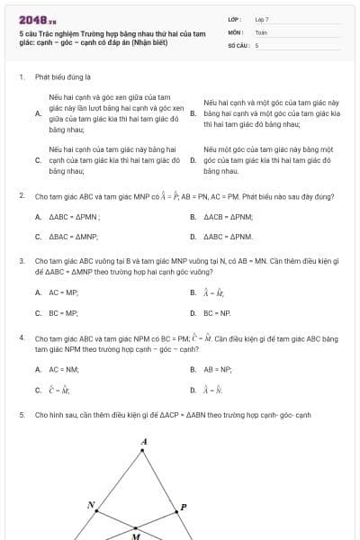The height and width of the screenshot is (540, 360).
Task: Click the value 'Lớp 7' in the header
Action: tap(262, 19)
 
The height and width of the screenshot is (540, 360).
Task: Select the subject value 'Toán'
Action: tap(261, 31)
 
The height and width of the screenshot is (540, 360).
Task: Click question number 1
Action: tap(21, 77)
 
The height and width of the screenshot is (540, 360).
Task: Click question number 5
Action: tap(21, 415)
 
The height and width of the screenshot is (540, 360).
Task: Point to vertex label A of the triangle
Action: tap(144, 441)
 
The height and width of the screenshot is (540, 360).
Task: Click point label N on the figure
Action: tap(91, 505)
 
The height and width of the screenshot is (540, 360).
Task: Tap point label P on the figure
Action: tap(184, 507)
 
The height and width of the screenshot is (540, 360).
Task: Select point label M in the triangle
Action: tap(136, 535)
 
